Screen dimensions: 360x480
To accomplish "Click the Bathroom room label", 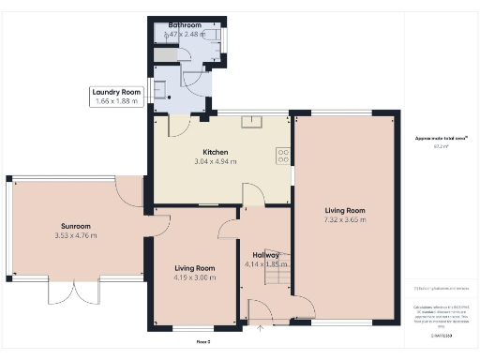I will pyautogui.click(x=185, y=25).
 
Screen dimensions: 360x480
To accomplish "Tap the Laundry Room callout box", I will pyautogui.click(x=116, y=97).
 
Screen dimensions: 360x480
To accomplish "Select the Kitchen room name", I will pyautogui.click(x=216, y=152).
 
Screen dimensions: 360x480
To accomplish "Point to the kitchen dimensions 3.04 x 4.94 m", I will pyautogui.click(x=216, y=162).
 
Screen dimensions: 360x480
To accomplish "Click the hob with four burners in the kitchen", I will pyautogui.click(x=281, y=157).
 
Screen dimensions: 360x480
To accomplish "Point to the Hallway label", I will pyautogui.click(x=265, y=254).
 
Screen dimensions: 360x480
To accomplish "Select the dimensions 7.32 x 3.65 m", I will pyautogui.click(x=345, y=220).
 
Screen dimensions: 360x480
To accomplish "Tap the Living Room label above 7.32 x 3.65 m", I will pyautogui.click(x=345, y=211).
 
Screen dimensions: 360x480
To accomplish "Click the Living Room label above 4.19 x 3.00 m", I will pyautogui.click(x=193, y=268).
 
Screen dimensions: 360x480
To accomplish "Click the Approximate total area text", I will pyautogui.click(x=435, y=139).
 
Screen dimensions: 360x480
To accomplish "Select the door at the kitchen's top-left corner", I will pyautogui.click(x=179, y=124).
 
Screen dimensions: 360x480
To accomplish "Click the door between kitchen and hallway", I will pyautogui.click(x=251, y=195).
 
